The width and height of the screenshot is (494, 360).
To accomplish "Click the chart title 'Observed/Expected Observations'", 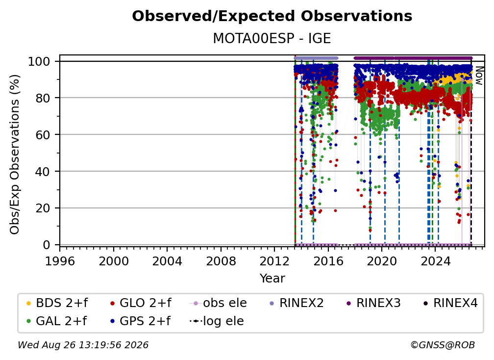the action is (272, 16).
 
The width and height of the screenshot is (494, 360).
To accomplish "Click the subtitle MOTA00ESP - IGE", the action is (272, 38).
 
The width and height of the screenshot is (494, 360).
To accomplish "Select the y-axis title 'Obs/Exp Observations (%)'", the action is (15, 154).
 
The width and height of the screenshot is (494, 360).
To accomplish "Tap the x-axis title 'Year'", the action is (272, 279).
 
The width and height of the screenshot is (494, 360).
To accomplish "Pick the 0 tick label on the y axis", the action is (47, 245).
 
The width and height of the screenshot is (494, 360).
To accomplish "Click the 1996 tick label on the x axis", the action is (60, 261).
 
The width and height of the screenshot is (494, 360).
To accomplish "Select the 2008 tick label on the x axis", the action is (221, 261).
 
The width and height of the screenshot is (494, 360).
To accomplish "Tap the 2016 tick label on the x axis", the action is (328, 261).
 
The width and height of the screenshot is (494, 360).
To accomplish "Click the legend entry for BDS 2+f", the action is (57, 303).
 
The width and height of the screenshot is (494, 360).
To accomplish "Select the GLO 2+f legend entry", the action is (141, 303).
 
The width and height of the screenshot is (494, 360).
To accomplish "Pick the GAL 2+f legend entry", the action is (57, 321).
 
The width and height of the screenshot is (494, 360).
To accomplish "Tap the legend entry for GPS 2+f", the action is (140, 321).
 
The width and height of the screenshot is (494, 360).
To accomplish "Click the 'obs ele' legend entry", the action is (219, 303).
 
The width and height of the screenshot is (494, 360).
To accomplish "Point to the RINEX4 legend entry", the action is (450, 303).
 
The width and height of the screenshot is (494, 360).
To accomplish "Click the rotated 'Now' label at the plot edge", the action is (479, 76).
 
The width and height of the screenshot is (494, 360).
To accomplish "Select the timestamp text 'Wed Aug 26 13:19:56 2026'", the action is (83, 345).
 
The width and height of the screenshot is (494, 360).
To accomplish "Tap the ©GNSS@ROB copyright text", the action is (443, 345).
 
